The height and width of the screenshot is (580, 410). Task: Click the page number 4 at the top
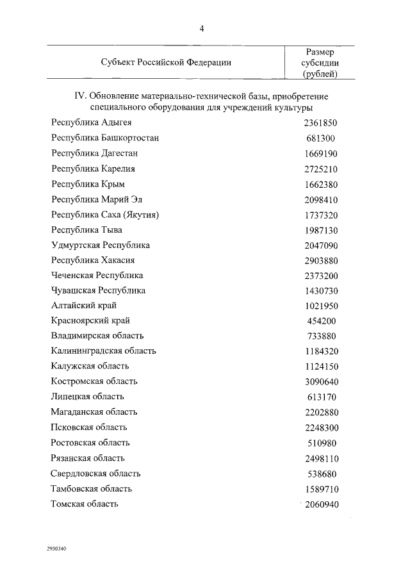tap(202, 28)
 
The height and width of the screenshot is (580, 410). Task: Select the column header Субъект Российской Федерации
tap(166, 62)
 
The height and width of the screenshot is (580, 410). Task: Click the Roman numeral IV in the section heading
tap(80, 96)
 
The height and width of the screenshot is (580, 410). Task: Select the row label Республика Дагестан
tap(94, 154)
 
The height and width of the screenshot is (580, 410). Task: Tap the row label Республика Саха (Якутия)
tap(104, 215)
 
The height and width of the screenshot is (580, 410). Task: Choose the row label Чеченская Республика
tap(97, 276)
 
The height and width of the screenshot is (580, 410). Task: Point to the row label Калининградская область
tap(103, 351)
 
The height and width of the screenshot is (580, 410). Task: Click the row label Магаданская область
tap(94, 412)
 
